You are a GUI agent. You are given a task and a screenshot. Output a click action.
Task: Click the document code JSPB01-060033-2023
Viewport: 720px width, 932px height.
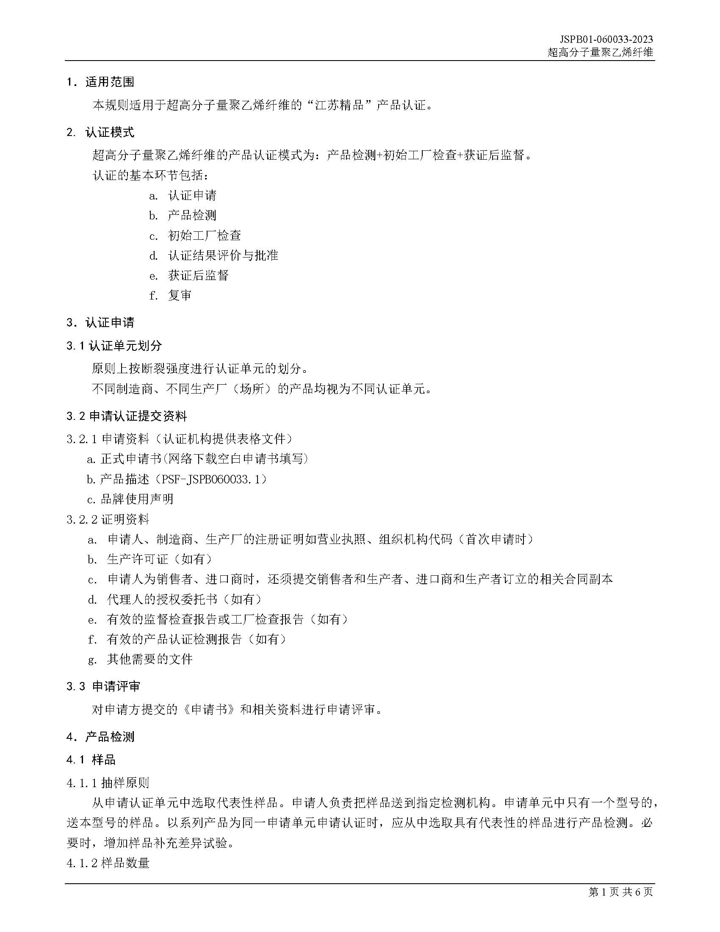pyautogui.click(x=606, y=39)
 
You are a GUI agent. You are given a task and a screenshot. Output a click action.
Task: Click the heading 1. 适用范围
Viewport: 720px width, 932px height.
pyautogui.click(x=100, y=82)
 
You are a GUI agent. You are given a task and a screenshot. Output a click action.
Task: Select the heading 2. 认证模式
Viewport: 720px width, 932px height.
pyautogui.click(x=100, y=132)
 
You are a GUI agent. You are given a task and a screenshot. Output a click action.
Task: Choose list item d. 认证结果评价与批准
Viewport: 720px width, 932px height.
pyautogui.click(x=213, y=255)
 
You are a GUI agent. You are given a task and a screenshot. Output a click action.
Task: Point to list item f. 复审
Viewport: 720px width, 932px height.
pyautogui.click(x=170, y=295)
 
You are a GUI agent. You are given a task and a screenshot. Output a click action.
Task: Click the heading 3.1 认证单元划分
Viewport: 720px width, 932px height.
pyautogui.click(x=114, y=346)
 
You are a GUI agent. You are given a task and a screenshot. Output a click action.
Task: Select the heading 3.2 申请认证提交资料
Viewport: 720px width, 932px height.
pyautogui.click(x=127, y=416)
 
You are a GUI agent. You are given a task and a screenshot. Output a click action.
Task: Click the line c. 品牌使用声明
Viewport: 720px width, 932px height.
pyautogui.click(x=130, y=499)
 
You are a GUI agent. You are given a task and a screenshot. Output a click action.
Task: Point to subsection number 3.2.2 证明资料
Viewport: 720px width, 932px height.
pyautogui.click(x=108, y=519)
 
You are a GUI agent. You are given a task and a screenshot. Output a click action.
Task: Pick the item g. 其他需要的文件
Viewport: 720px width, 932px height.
pyautogui.click(x=140, y=659)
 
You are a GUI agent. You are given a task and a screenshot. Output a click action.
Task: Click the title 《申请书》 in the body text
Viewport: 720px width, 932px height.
pyautogui.click(x=208, y=709)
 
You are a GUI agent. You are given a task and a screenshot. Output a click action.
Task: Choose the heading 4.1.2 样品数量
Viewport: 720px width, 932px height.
pyautogui.click(x=108, y=863)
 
